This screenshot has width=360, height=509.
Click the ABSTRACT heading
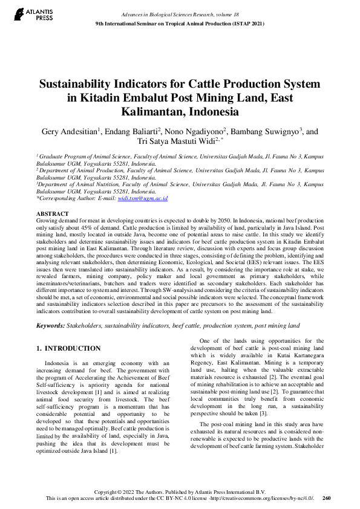coord(53,214)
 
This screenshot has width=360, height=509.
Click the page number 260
coord(327,498)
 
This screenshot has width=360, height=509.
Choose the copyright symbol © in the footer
coord(123,491)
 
